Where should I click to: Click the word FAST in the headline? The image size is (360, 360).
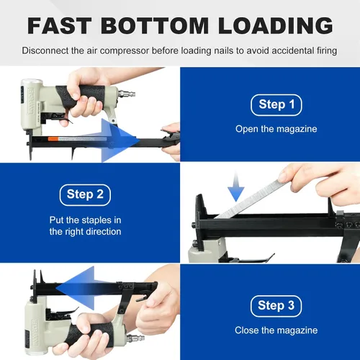point(60,26)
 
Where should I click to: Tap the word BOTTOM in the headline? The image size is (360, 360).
point(155,26)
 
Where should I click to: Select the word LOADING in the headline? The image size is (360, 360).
point(276,26)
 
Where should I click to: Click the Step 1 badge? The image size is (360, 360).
point(276,105)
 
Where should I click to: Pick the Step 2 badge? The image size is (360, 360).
point(85,195)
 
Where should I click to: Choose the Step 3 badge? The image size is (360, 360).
point(276,306)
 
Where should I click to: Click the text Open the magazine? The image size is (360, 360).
point(276,129)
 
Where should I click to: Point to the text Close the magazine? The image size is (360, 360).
point(276,330)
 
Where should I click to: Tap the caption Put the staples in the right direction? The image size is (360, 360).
point(85,226)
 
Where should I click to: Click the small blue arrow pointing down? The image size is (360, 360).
point(236,187)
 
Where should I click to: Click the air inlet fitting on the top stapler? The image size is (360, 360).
point(127,94)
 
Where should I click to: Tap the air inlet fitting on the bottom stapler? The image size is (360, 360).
point(135,338)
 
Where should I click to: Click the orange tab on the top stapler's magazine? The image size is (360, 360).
point(53,139)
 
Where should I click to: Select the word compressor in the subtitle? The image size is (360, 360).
point(125,51)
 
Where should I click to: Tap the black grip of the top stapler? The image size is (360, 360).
point(81,96)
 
